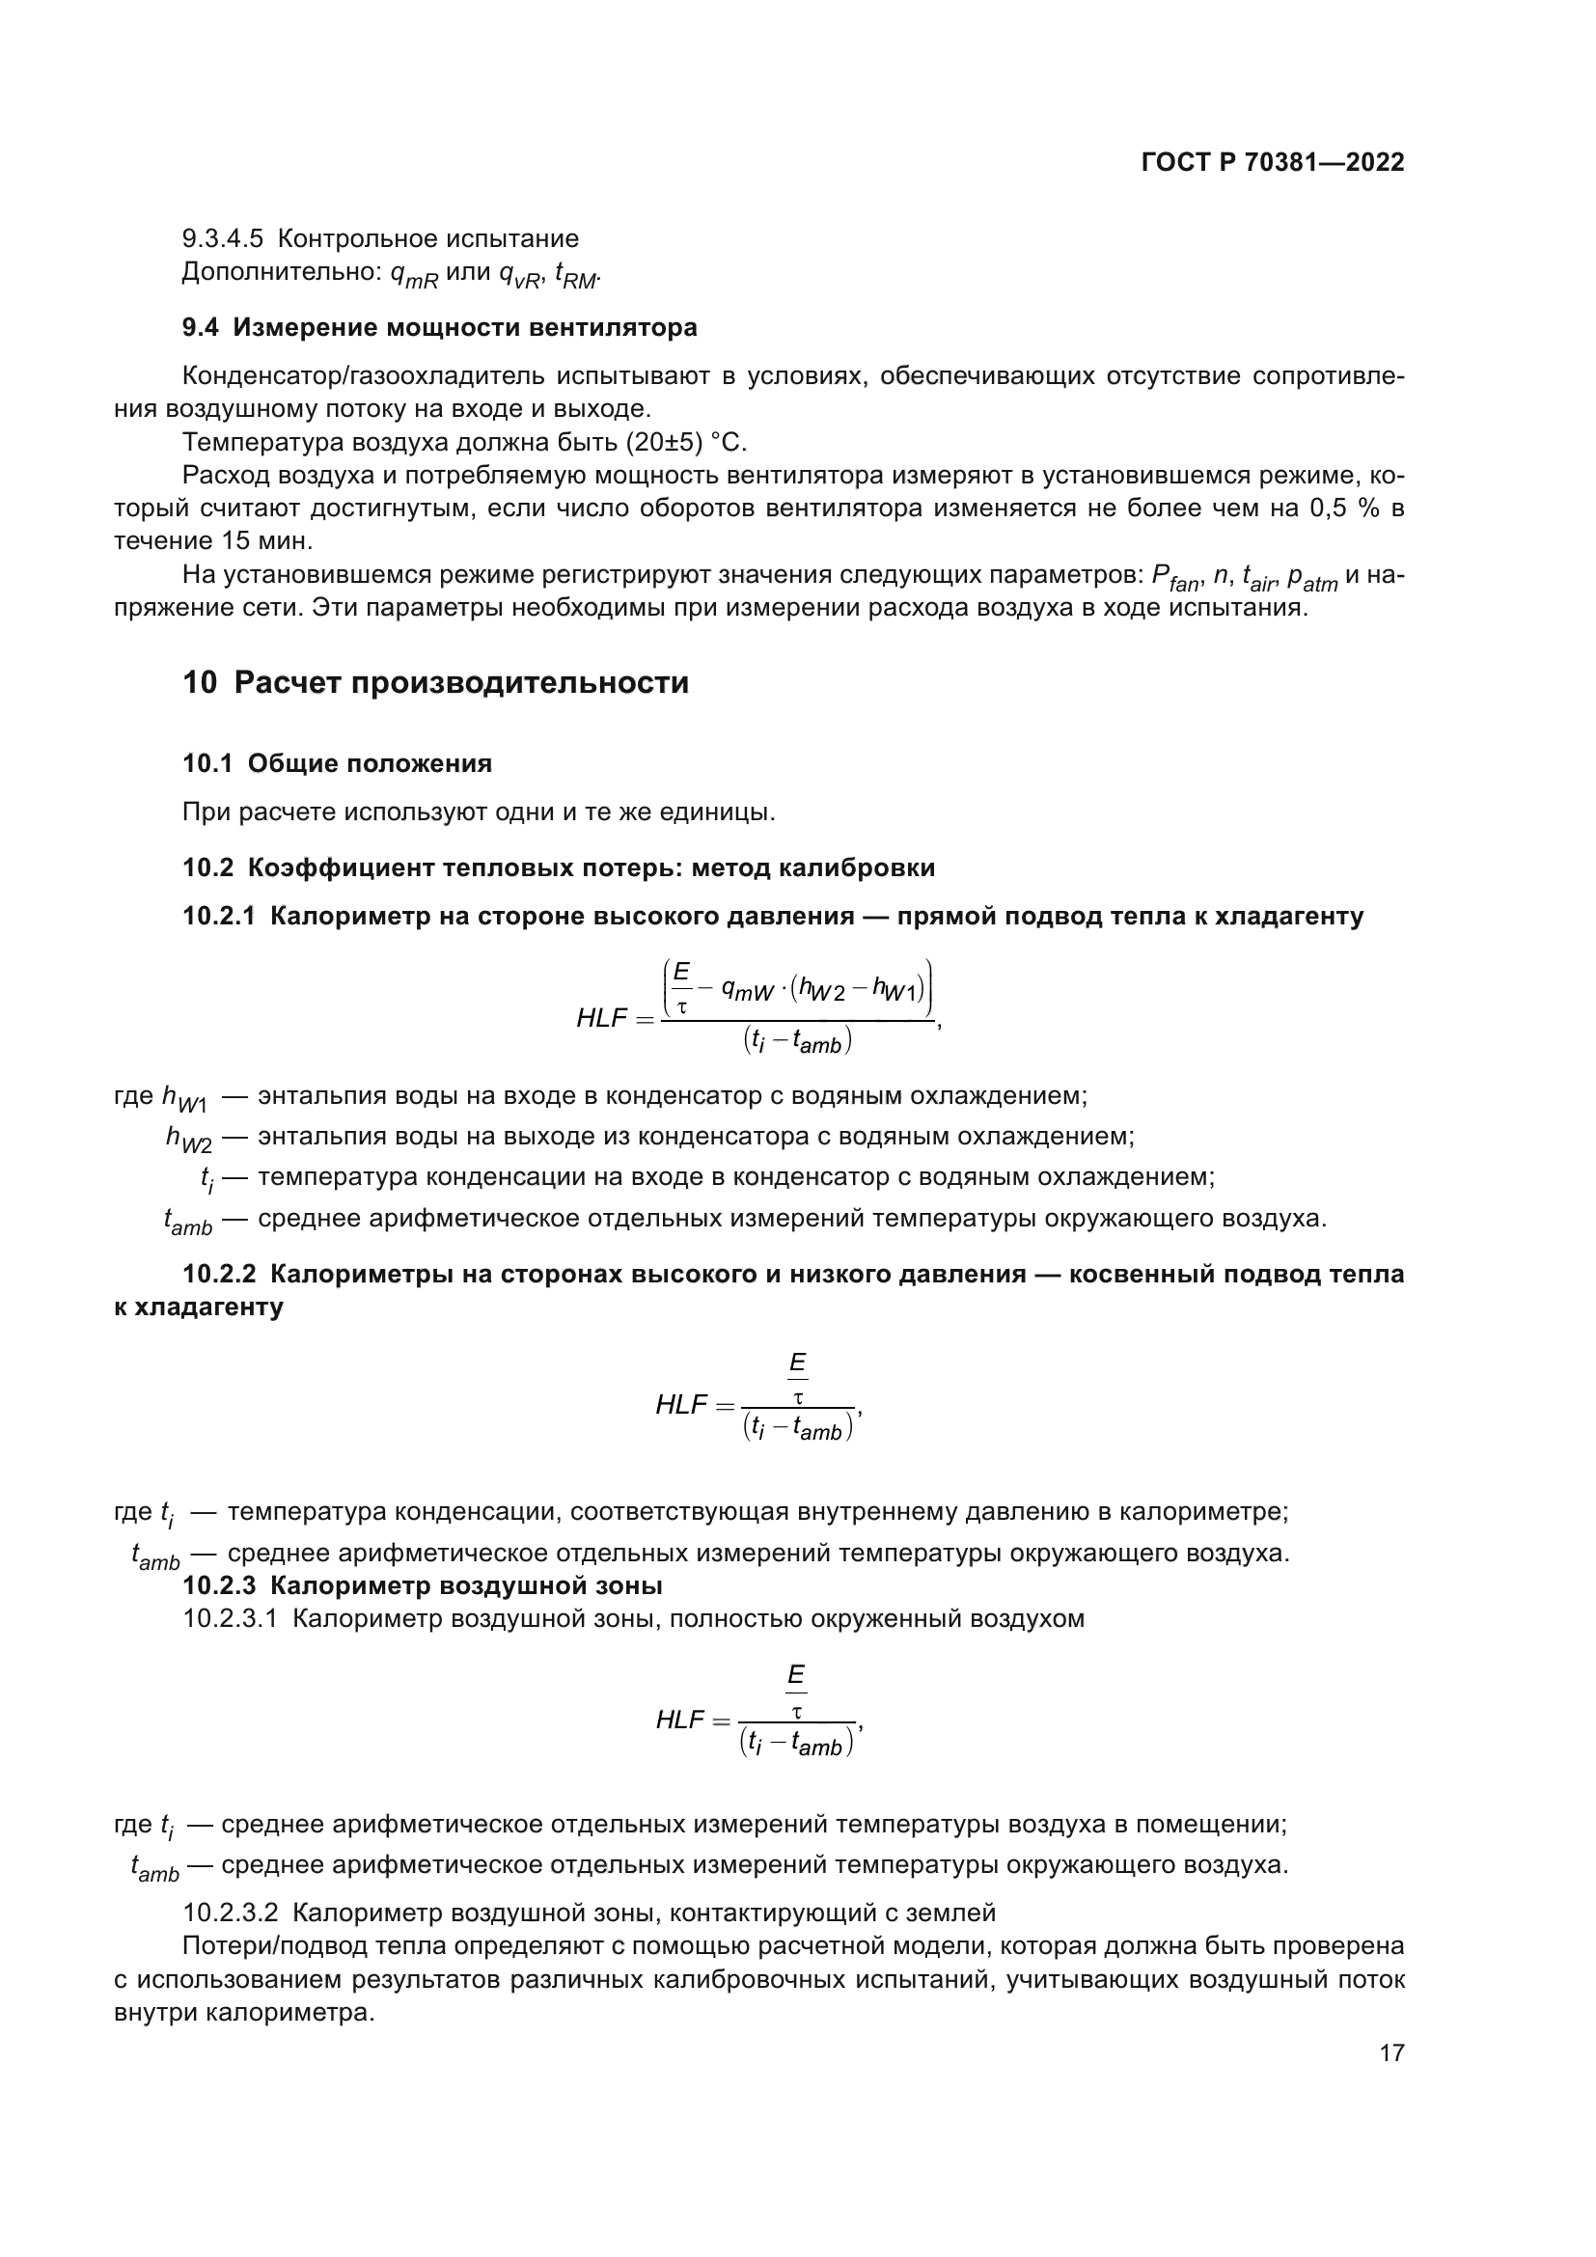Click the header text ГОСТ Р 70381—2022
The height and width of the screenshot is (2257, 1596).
(x=1272, y=163)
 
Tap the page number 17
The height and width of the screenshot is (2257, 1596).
(x=1390, y=2052)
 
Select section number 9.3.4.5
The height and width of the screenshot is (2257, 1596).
(x=223, y=239)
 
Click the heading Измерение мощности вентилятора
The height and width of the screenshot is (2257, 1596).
(x=464, y=327)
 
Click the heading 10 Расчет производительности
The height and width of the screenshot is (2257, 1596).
(x=435, y=682)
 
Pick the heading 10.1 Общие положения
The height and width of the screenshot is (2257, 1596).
(x=337, y=764)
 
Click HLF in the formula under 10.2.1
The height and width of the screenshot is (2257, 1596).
(x=601, y=1018)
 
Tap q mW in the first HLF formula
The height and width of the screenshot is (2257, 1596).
(x=746, y=991)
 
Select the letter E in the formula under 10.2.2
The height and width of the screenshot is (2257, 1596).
(x=797, y=1363)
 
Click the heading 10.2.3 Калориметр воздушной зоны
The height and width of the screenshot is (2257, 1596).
(x=422, y=1585)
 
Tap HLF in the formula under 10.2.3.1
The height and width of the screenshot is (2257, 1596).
(x=680, y=1720)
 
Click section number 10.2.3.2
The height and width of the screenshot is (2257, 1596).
(x=231, y=1913)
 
